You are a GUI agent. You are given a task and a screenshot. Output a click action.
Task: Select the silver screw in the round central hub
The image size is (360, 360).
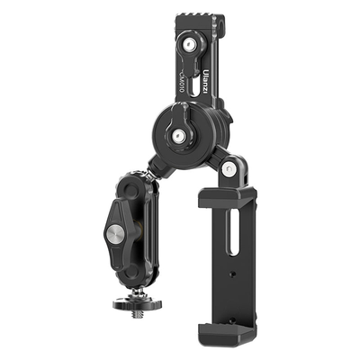click(x=179, y=135)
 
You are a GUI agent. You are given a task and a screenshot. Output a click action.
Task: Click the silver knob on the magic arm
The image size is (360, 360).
click(x=116, y=234)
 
